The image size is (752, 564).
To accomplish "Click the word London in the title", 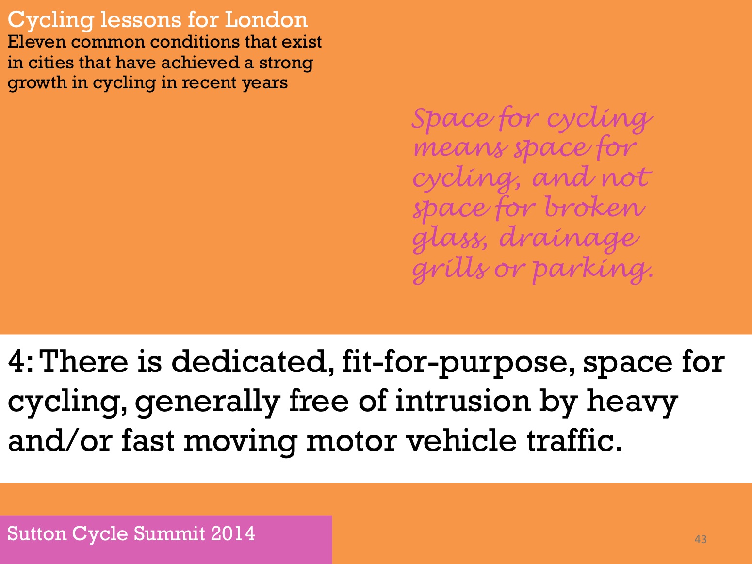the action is coord(266,19).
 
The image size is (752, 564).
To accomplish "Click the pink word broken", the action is coord(595,207).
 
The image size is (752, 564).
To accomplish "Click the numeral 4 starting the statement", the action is coord(16,362).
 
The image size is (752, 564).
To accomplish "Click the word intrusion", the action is coord(462,401).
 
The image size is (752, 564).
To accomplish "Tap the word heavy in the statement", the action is coord(632,402).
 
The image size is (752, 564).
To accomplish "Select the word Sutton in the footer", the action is coord(37,533).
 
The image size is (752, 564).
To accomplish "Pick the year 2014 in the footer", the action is coord(233,533).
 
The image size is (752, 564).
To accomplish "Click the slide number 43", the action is coord(701,539).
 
